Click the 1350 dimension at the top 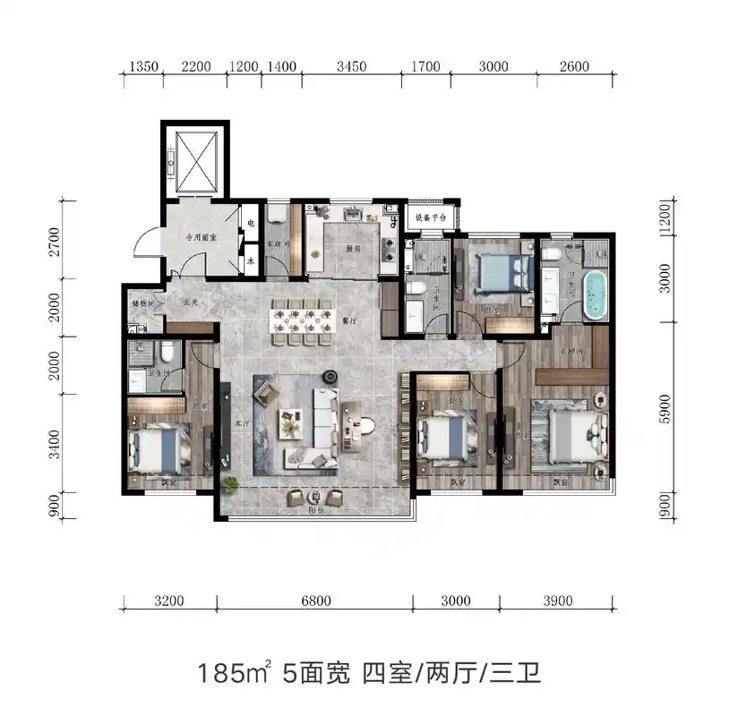144,66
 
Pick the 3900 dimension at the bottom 557,601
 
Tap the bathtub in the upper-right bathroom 594,294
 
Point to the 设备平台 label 432,217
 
